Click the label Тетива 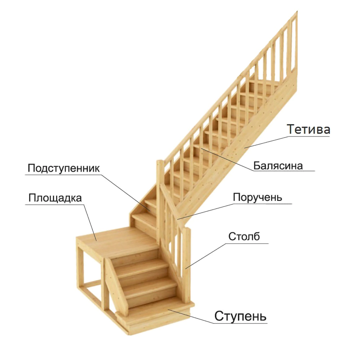(x=309, y=129)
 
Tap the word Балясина (x=278, y=166)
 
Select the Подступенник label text (x=63, y=168)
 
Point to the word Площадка (x=55, y=198)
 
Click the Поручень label (x=257, y=197)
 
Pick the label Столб (x=244, y=237)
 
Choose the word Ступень (x=240, y=316)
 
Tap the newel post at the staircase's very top (x=294, y=43)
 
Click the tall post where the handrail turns (x=160, y=202)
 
